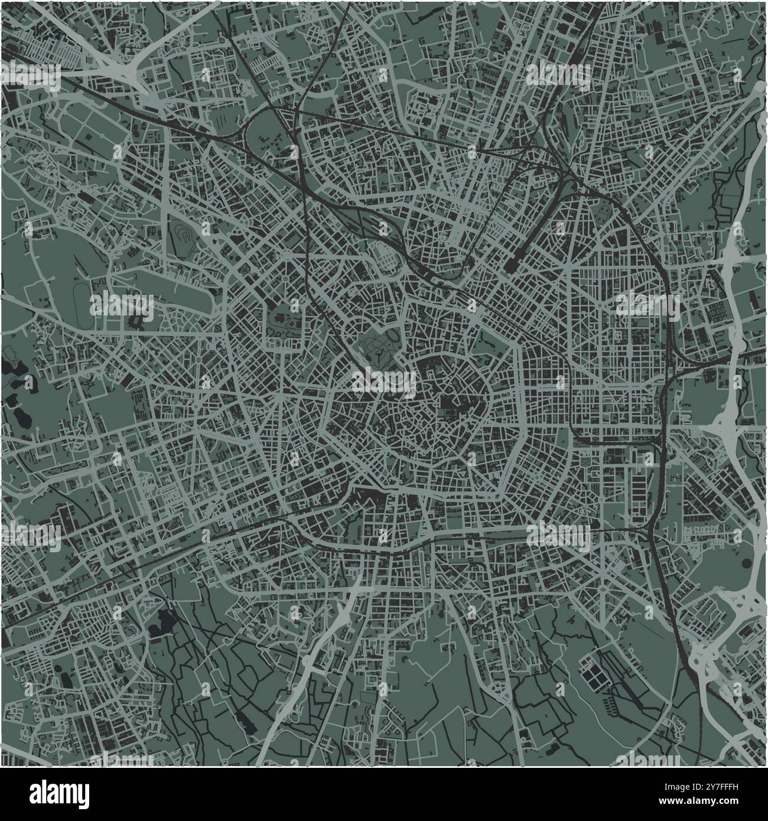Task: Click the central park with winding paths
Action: pyautogui.click(x=376, y=348)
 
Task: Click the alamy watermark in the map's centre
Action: pyautogui.click(x=384, y=381)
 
